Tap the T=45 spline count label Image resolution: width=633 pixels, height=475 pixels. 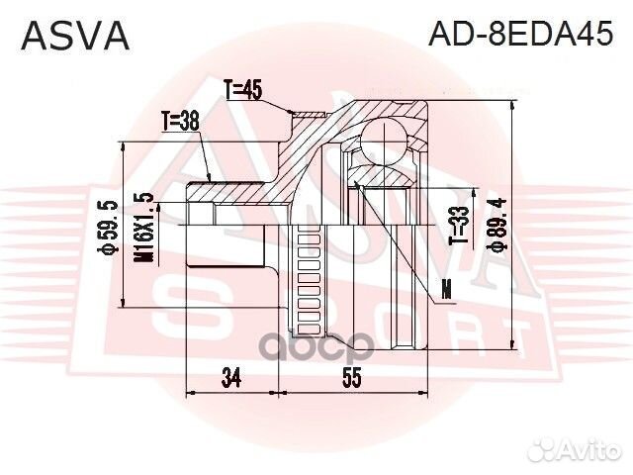pyautogui.click(x=241, y=91)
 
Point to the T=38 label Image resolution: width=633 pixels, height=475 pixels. pyautogui.click(x=182, y=122)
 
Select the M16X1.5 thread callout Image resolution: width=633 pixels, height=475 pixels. pyautogui.click(x=145, y=227)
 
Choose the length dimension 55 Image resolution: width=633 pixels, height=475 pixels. pyautogui.click(x=350, y=376)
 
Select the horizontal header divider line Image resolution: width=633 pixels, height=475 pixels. pyautogui.click(x=316, y=61)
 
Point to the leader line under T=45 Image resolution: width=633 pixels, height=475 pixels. pyautogui.click(x=276, y=107)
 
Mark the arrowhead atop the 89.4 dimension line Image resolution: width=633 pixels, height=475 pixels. pyautogui.click(x=513, y=103)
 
